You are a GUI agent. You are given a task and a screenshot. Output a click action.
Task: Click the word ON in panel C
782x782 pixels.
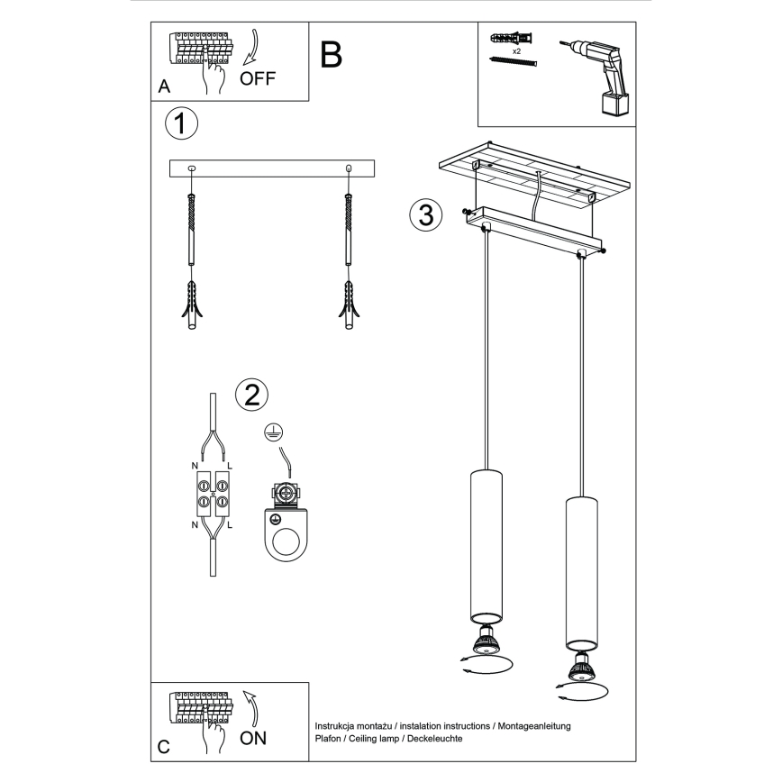[x=253, y=739]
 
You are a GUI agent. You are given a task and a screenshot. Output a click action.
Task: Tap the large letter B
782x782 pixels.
[x=331, y=56]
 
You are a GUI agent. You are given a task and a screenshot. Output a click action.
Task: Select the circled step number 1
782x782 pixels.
[x=181, y=123]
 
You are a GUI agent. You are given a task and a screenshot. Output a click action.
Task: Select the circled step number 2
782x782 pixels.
[x=251, y=394]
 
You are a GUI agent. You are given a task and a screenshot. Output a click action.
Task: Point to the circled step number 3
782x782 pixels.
[x=425, y=215]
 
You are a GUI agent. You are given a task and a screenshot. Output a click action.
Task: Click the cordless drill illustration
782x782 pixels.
[x=600, y=73]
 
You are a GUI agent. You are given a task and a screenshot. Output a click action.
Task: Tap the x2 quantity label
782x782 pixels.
[x=516, y=52]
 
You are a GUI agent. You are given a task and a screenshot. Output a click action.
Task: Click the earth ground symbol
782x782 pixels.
[x=271, y=433]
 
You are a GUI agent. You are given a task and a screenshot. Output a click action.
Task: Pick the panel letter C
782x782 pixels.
[x=163, y=748]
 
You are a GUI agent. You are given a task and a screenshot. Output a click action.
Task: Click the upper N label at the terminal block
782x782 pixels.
[x=195, y=465]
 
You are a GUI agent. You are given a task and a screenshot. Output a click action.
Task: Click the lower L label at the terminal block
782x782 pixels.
[x=231, y=524]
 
